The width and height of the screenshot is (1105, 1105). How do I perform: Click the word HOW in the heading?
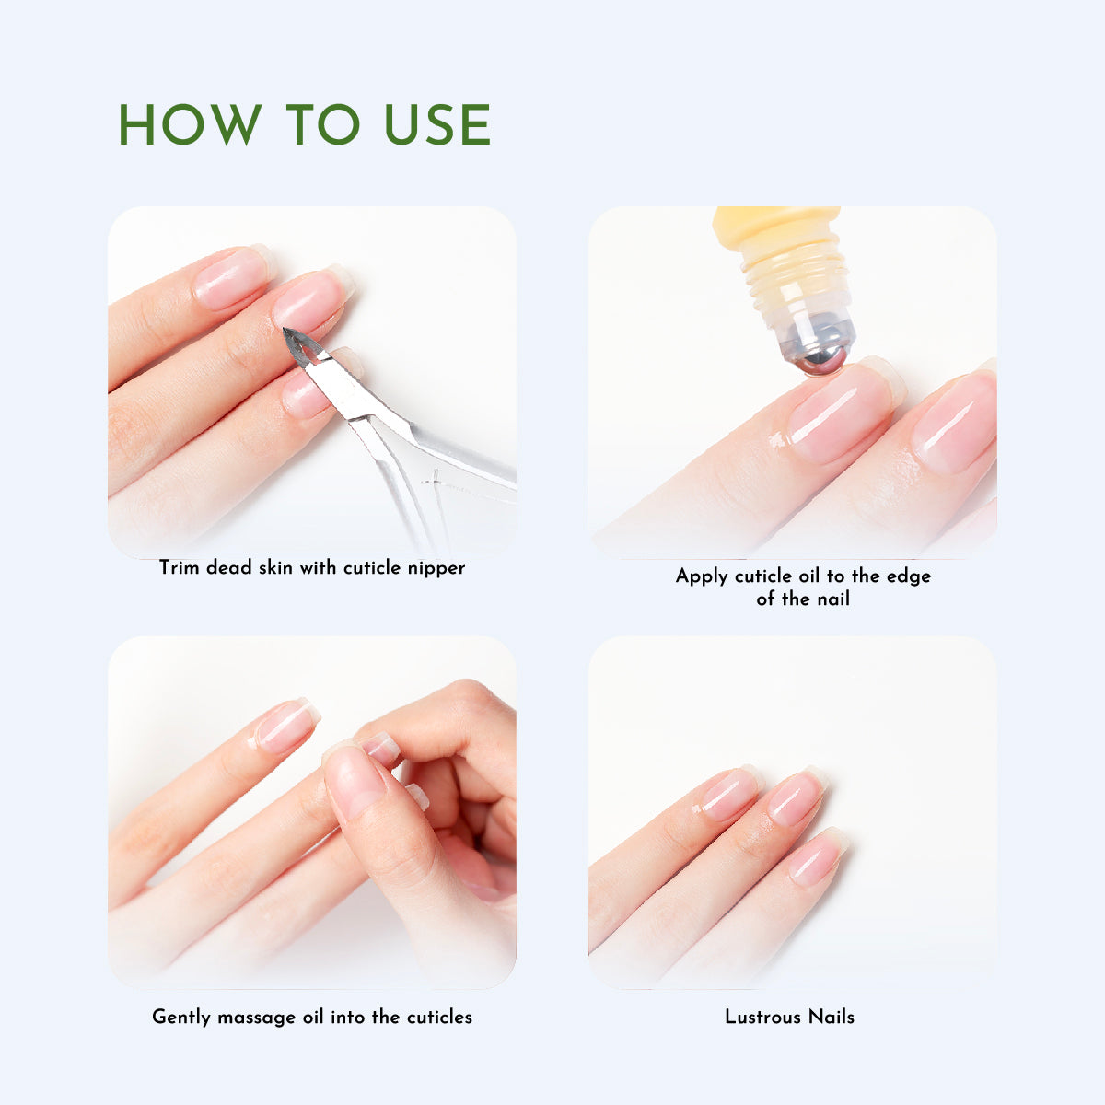tap(189, 125)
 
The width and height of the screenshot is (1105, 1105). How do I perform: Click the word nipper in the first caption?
tap(436, 568)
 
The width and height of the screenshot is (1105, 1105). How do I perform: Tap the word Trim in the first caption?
tap(179, 567)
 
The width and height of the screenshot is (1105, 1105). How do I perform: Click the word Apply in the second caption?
tap(703, 576)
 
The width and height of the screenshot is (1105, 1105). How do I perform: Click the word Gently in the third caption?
tap(181, 1018)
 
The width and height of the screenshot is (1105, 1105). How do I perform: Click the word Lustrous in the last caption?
tap(762, 1018)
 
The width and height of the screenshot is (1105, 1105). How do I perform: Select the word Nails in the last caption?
tap(832, 1018)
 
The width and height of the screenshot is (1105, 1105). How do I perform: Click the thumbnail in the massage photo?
tap(354, 781)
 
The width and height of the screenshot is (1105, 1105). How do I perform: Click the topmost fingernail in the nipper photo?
tap(233, 277)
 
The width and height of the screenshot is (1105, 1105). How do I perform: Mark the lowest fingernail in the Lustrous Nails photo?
tap(817, 857)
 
